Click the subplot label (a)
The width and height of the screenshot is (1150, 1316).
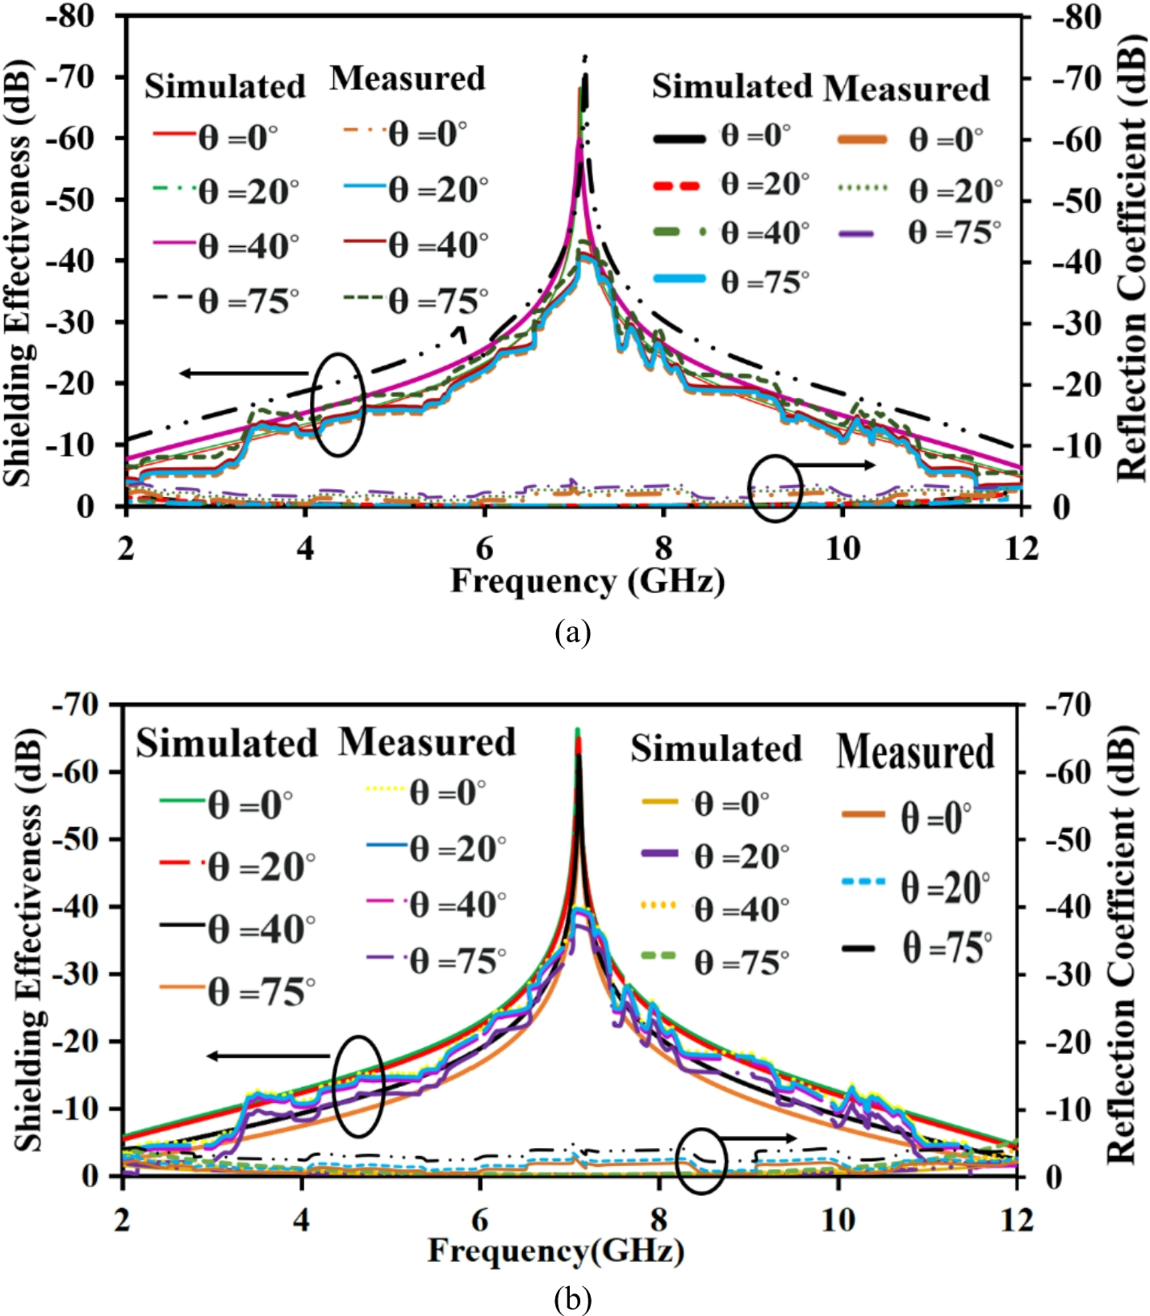[x=573, y=633]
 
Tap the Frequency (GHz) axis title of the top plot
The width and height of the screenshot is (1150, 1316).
[x=587, y=582]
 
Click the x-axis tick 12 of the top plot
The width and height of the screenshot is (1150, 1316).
[x=1021, y=550]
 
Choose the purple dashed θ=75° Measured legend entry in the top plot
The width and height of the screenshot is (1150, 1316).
[x=861, y=234]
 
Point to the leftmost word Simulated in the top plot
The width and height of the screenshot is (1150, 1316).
[x=225, y=86]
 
